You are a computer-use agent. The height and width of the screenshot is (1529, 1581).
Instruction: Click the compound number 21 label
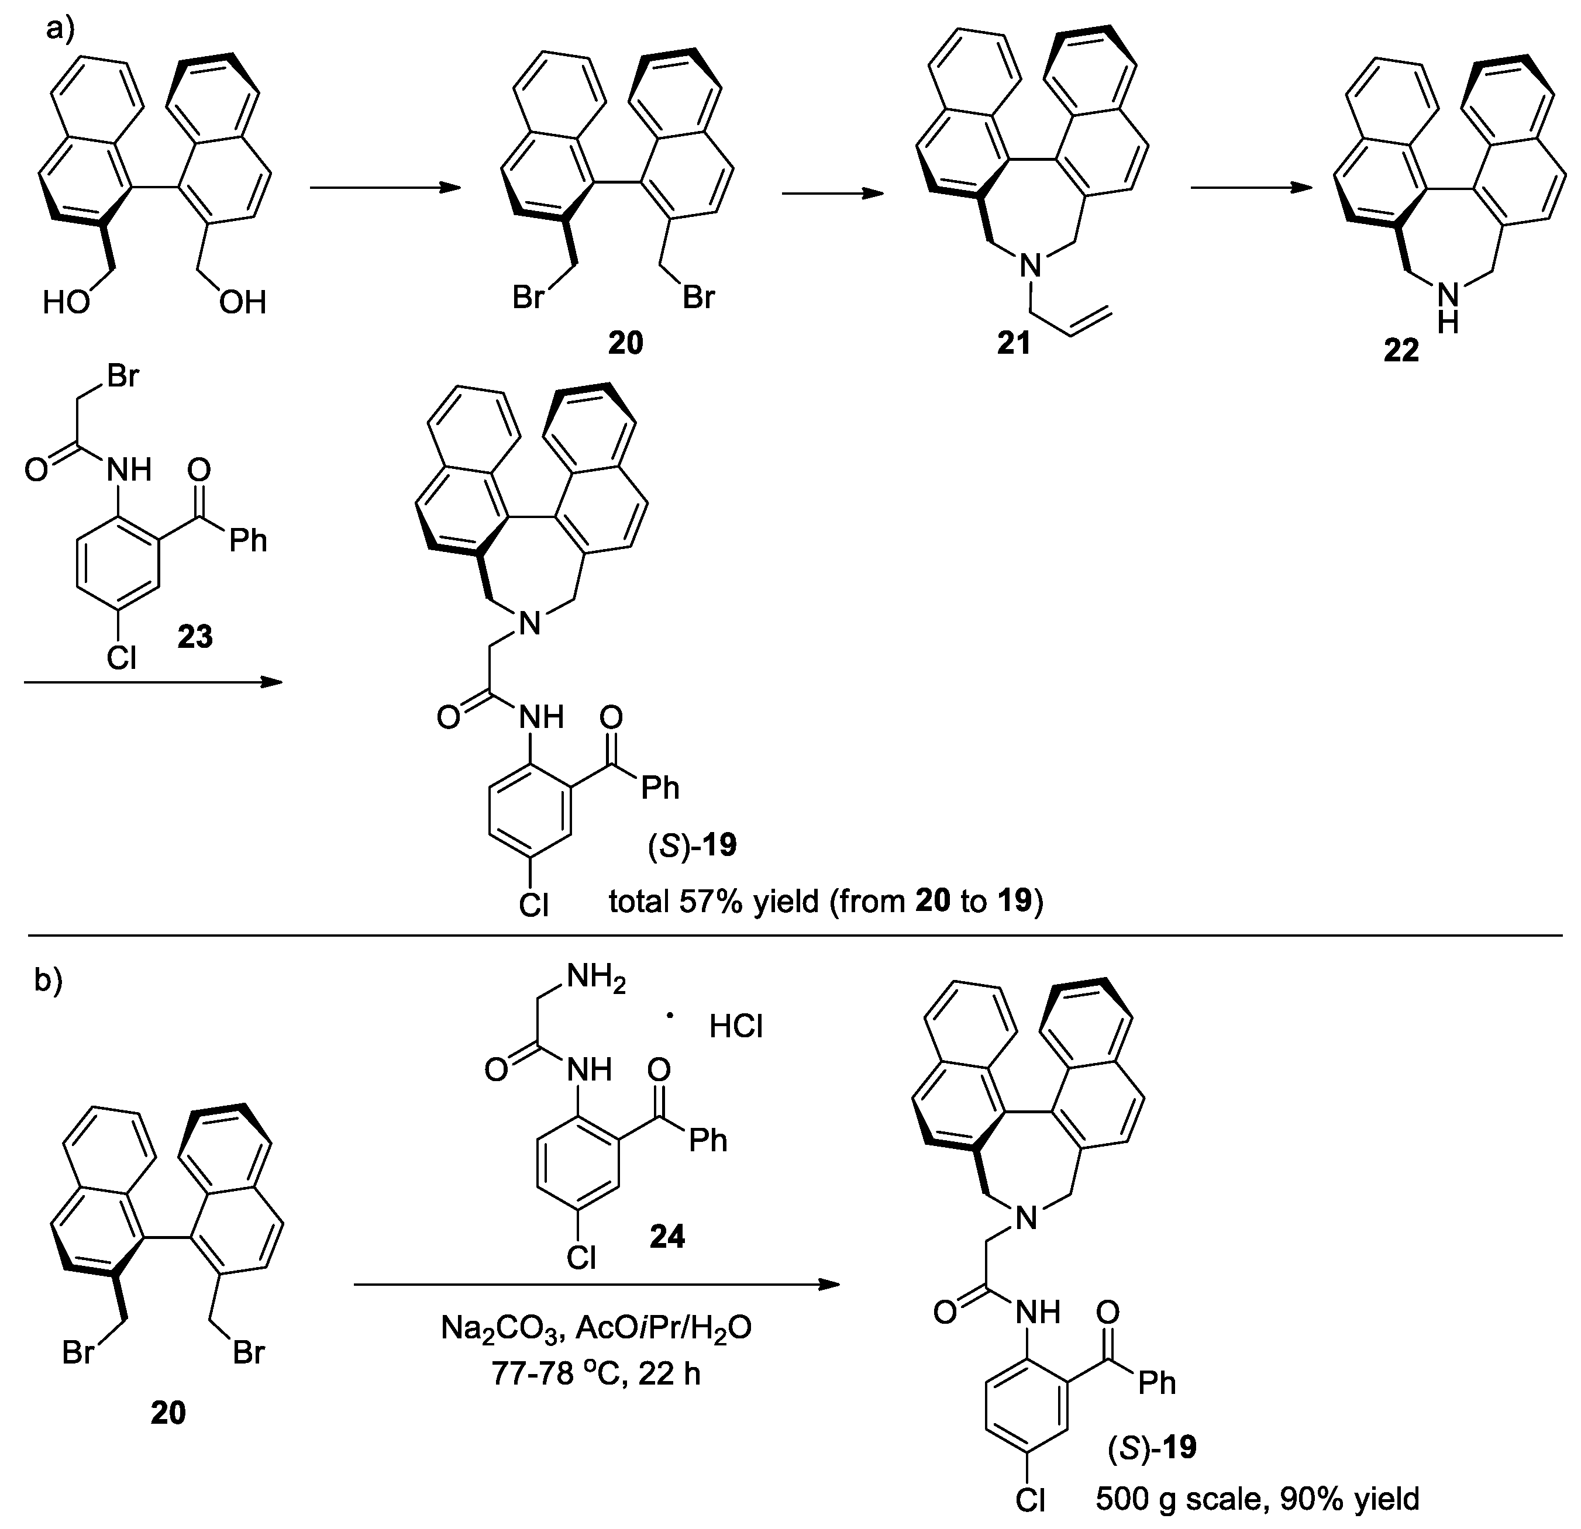coord(1014,344)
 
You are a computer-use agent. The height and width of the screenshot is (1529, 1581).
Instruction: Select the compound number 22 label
coord(1401,351)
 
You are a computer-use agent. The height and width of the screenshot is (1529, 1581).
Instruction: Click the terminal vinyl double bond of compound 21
coord(1094,321)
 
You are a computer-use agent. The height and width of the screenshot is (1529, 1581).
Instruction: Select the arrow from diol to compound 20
coord(385,188)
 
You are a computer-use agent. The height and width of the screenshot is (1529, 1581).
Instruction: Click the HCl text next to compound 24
coord(736,1027)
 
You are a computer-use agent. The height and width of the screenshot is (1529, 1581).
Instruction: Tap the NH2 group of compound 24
coord(596,978)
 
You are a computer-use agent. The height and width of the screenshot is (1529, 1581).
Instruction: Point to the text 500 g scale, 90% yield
coord(1257,1499)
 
